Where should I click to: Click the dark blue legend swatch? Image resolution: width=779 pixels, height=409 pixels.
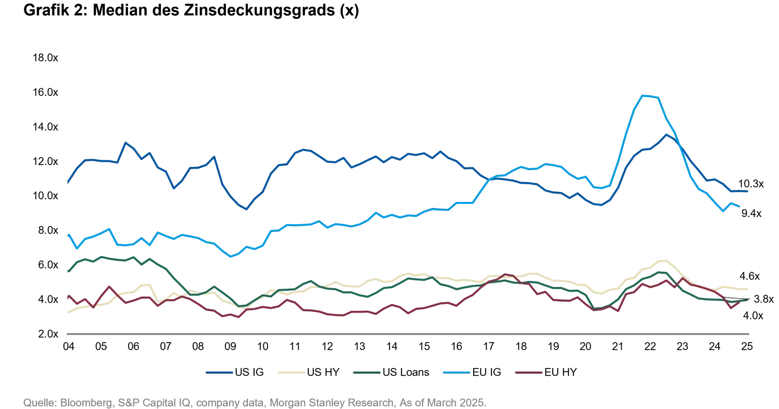[x=219, y=372]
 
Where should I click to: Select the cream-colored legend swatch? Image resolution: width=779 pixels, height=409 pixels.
[x=290, y=372]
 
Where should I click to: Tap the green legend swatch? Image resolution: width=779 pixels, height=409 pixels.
[x=366, y=372]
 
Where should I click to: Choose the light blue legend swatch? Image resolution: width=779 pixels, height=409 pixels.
[x=456, y=372]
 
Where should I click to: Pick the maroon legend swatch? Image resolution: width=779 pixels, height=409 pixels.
[x=528, y=372]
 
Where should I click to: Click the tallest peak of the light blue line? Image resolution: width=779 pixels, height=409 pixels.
[x=647, y=96]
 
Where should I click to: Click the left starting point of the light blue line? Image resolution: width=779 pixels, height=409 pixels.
[x=68, y=235]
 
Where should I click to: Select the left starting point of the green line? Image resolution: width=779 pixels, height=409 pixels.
[x=68, y=271]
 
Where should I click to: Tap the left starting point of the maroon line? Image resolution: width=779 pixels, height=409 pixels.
[x=68, y=297]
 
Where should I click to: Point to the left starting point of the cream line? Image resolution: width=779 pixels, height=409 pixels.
[x=68, y=312]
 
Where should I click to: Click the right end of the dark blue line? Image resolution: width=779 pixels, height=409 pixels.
[x=748, y=193]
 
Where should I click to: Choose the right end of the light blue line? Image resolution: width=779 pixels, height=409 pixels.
[x=742, y=206]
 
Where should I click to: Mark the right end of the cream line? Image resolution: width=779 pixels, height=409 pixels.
[x=750, y=289]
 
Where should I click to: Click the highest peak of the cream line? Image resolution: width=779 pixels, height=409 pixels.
[x=664, y=261]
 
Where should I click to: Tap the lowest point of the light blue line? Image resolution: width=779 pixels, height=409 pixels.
[x=232, y=256]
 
